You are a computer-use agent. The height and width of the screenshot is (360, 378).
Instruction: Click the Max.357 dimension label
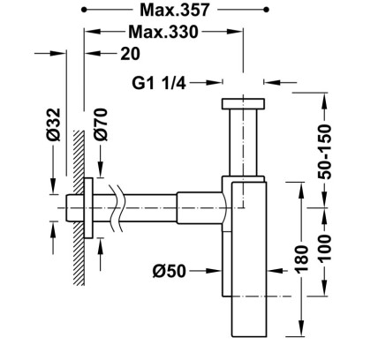pos(175,10)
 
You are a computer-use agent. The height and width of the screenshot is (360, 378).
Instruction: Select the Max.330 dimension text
pos(163,32)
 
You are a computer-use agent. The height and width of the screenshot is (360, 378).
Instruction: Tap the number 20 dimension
pos(130,54)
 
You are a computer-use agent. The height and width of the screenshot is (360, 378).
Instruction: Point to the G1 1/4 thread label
pos(159,83)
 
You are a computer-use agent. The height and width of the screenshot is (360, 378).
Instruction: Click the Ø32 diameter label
pos(54,124)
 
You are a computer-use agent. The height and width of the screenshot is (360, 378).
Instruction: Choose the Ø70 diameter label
pos(101,124)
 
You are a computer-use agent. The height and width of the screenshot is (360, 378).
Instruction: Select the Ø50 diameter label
pos(170,271)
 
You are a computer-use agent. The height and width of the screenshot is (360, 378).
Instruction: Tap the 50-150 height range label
pos(324,152)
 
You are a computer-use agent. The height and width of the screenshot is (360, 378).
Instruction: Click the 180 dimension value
pos(301,259)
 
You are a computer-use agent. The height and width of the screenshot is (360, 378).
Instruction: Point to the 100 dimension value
pos(324,248)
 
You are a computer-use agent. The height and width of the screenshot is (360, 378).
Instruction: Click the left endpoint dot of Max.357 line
pos(84,10)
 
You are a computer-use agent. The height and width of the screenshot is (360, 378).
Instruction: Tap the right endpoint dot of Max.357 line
pos(266,10)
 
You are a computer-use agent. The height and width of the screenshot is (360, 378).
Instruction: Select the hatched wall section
pos(79,207)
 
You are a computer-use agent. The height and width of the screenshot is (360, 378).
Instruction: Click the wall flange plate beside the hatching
pos(88,208)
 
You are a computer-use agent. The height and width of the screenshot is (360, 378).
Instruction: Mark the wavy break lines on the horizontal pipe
pos(117,208)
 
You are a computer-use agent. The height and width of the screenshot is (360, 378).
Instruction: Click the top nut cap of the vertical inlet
pos(243,103)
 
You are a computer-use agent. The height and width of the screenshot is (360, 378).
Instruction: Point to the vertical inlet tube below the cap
pos(243,142)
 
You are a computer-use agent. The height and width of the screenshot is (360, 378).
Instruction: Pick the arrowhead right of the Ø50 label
pos(214,271)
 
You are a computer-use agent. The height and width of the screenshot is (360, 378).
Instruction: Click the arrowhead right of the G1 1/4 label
pos(214,83)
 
